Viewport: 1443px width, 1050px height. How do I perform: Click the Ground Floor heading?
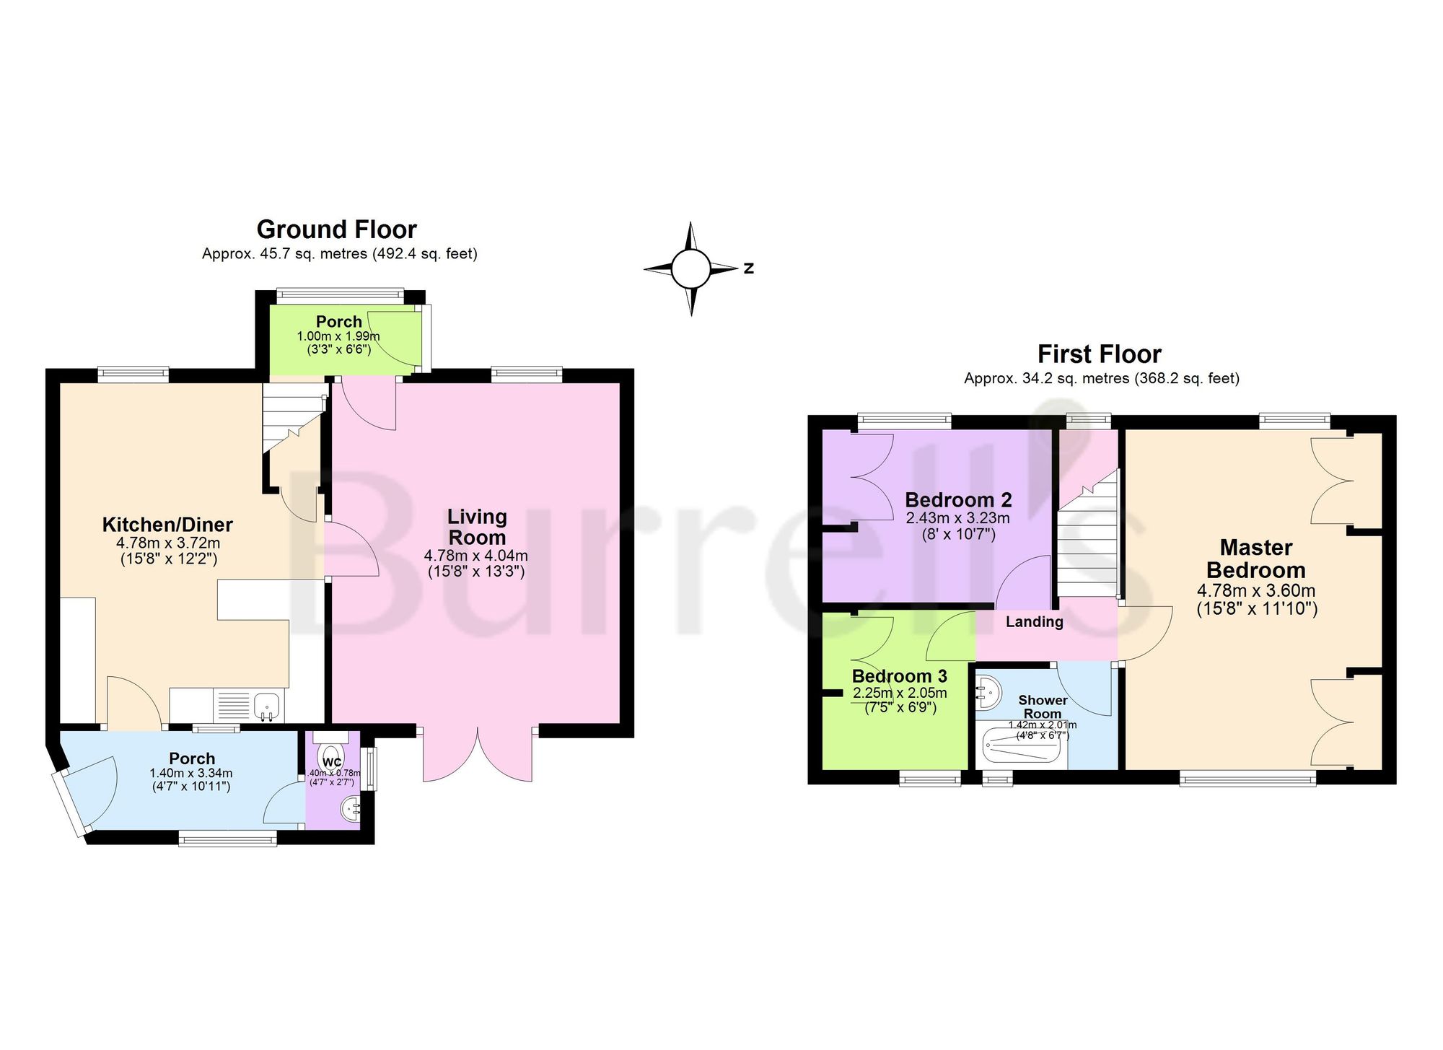(337, 229)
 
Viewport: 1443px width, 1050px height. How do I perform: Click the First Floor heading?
(1100, 354)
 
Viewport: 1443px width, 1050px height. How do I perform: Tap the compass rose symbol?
(692, 268)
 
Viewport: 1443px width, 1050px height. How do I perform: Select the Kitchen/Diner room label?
(167, 525)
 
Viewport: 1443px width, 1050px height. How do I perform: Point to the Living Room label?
(477, 527)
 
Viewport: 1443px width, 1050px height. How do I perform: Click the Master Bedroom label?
(1256, 559)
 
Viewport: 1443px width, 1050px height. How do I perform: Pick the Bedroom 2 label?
(958, 499)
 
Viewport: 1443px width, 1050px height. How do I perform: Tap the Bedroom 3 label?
(900, 676)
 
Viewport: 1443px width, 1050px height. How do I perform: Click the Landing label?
(1035, 622)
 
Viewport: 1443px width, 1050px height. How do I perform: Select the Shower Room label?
(1043, 706)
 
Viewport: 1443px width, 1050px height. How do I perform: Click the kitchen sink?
(266, 706)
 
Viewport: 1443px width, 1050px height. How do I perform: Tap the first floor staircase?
(1087, 534)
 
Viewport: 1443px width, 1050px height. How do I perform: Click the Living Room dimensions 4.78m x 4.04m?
(476, 556)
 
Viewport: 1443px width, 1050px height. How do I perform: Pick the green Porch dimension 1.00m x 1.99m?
(338, 336)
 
